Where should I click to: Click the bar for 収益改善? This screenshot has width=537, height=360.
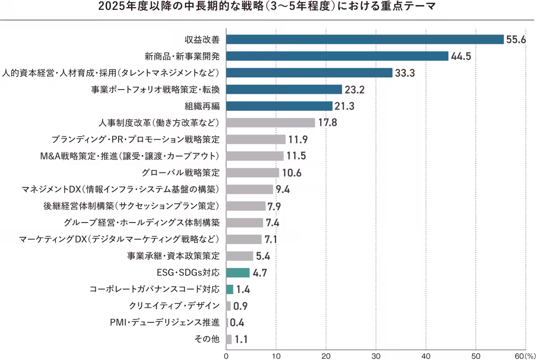click(365, 39)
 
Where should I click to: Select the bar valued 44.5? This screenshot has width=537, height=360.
click(337, 56)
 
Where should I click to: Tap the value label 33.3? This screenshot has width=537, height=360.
click(404, 73)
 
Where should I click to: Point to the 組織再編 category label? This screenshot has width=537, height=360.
click(202, 106)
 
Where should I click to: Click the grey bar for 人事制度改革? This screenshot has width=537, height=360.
click(271, 123)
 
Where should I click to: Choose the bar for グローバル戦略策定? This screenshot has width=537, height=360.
click(252, 173)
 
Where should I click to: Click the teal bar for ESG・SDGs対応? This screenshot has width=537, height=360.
click(238, 273)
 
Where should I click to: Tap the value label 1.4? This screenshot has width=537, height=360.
click(243, 290)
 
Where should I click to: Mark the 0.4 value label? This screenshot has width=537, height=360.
click(237, 322)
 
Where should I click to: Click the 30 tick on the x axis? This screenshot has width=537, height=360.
click(376, 355)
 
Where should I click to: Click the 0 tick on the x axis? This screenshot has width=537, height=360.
click(226, 355)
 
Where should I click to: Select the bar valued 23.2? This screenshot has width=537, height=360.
click(284, 90)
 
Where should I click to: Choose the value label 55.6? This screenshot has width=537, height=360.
click(516, 40)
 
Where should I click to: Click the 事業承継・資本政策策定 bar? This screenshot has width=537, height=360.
click(239, 256)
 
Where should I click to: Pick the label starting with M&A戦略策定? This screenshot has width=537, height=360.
click(129, 156)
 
